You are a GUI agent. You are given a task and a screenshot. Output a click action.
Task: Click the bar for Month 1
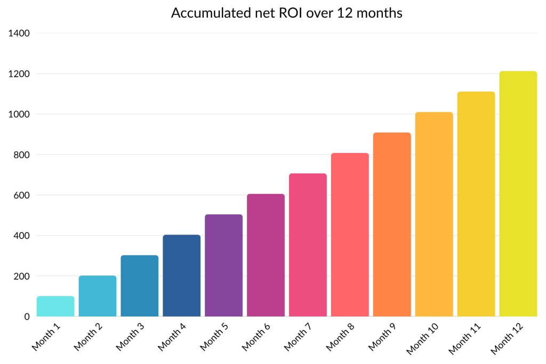coord(55,306)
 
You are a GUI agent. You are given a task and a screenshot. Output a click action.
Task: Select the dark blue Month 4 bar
coord(181,276)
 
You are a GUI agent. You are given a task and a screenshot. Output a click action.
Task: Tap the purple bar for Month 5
coord(223,265)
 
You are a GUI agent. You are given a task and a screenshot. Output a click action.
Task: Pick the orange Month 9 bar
coord(392,224)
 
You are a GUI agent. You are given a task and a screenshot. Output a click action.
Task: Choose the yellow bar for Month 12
coord(518,194)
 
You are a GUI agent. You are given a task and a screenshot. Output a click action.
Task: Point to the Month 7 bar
coord(308,245)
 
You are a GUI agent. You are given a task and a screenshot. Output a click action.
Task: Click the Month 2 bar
coord(98,296)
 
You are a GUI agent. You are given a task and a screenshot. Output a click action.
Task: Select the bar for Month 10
coord(434,214)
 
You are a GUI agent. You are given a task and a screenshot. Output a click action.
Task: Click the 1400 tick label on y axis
coord(19,33)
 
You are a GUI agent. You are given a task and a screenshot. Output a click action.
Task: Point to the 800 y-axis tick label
coord(21,155)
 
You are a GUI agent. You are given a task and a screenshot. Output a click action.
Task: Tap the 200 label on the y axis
coord(21,276)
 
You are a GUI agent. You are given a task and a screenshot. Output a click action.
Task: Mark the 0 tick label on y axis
coord(26,317)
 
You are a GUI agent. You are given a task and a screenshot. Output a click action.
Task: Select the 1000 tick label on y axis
coord(19,114)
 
